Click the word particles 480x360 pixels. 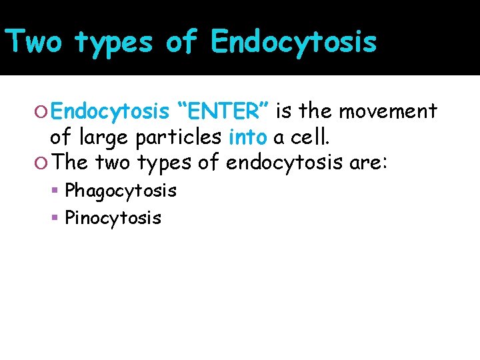pos(182,137)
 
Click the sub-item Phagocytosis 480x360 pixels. pos(121,191)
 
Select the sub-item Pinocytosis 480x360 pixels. pos(113,217)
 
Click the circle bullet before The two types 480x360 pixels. pos(41,163)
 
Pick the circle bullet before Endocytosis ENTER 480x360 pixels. pos(41,111)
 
